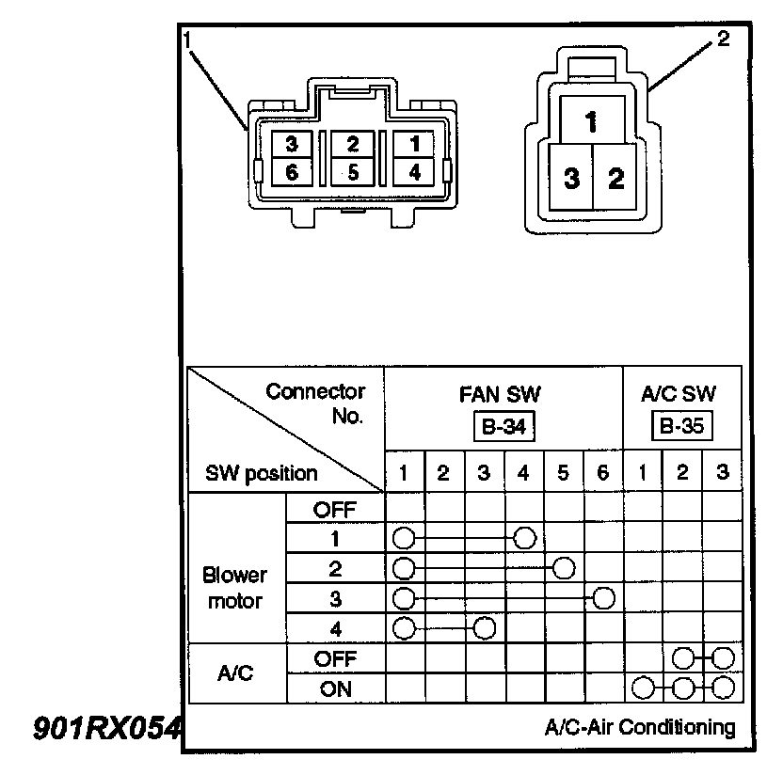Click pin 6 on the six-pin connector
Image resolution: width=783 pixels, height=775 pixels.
291,173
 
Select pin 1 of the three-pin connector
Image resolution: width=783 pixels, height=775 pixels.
590,121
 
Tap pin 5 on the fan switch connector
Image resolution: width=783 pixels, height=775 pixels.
352,173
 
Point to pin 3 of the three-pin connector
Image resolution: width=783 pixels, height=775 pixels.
570,179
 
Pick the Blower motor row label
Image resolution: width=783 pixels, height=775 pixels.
235,588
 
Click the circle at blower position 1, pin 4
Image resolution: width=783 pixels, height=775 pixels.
525,538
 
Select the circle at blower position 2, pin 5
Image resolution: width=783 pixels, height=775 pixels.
564,568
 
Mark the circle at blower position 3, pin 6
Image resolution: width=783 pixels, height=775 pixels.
604,598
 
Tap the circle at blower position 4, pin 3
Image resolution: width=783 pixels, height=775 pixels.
485,627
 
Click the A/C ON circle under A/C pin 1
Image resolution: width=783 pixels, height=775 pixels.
643,688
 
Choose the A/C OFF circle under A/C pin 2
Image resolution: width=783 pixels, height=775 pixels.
683,657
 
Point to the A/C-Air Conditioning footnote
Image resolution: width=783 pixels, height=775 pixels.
639,727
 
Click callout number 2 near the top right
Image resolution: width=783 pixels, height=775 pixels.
723,40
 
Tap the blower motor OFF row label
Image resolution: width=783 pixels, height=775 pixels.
334,509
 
